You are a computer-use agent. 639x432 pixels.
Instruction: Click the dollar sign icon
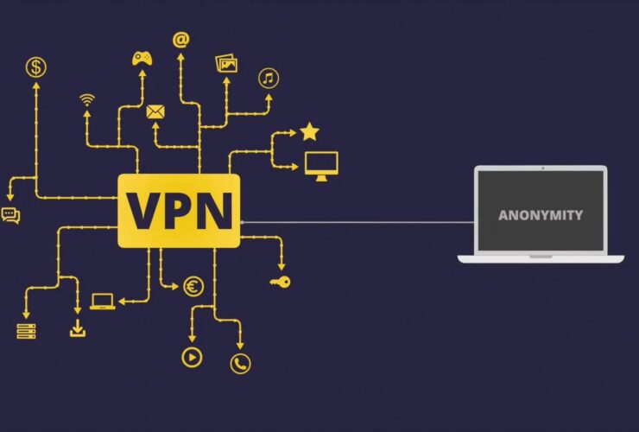36,67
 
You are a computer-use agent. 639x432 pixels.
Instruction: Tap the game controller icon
142,58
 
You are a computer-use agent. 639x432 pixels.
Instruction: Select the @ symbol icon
180,40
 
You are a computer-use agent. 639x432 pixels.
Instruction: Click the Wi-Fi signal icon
86,98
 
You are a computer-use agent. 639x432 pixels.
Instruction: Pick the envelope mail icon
155,111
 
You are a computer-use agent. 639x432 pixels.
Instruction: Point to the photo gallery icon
227,63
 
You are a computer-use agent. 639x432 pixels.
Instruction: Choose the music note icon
269,79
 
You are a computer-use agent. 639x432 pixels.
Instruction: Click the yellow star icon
309,132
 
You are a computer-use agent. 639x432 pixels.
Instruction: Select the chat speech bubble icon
10,215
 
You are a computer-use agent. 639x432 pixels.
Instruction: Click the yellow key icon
280,282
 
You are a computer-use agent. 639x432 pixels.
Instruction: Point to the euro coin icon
193,287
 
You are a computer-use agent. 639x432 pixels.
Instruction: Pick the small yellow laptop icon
102,302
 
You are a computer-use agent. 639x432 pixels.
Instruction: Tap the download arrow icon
78,328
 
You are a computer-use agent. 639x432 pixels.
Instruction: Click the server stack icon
26,330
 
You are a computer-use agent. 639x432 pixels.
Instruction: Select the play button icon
191,356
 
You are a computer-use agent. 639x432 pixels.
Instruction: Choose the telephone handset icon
240,364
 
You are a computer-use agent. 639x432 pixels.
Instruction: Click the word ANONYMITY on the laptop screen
541,215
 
